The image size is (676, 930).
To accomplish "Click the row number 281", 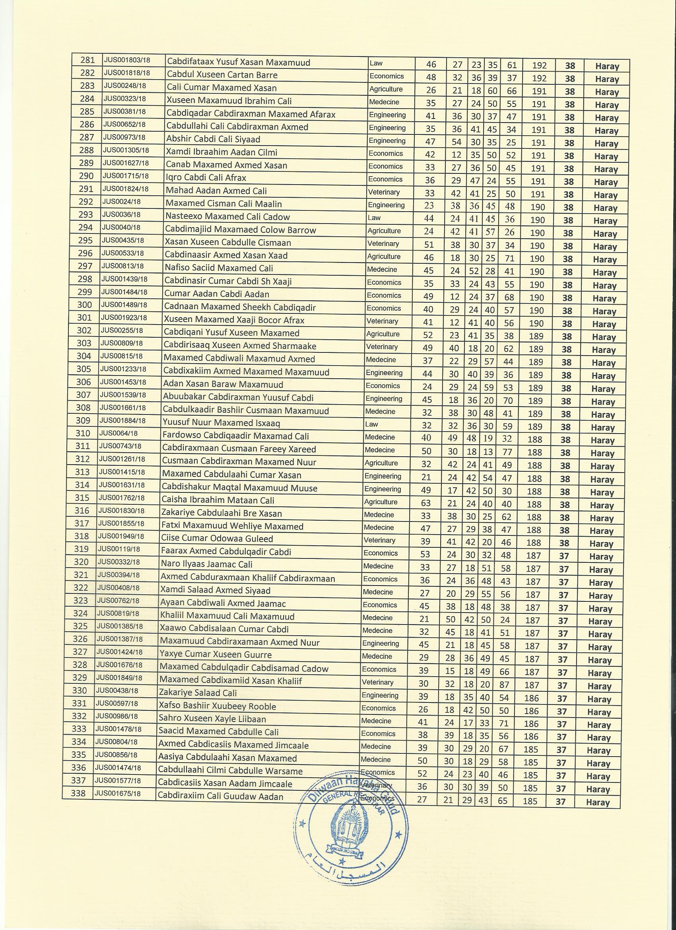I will [87, 60].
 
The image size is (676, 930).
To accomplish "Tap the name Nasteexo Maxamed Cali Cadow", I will [227, 216].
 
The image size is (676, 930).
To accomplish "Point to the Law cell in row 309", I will [372, 424].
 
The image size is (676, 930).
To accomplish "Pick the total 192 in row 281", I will [540, 65].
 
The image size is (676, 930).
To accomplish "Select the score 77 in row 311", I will [507, 452].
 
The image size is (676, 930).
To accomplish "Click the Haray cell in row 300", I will [605, 311].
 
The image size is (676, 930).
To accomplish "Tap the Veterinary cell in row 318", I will [379, 541].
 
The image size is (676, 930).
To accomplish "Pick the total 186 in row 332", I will [531, 723].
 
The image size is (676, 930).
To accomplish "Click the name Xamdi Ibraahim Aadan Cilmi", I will [221, 152].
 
